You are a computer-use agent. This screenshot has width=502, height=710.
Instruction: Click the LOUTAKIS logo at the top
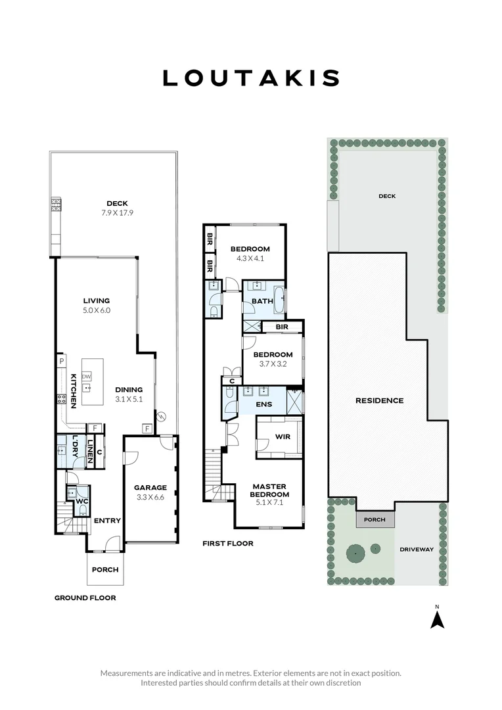tap(251, 78)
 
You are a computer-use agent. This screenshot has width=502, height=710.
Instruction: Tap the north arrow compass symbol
tap(437, 619)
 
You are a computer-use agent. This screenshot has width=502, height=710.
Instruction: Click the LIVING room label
tap(96, 300)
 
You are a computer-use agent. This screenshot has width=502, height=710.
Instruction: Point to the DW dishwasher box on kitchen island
tap(87, 376)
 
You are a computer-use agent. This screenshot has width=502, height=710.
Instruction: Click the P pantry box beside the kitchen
tap(60, 361)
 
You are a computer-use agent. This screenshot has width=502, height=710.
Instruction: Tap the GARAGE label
tap(150, 487)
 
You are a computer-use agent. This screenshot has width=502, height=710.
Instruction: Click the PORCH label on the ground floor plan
tap(105, 569)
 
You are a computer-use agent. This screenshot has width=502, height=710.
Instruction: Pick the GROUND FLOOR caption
tap(85, 598)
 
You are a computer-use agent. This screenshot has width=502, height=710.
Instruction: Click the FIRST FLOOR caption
tap(228, 544)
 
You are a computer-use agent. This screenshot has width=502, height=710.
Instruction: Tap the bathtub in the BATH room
tap(280, 300)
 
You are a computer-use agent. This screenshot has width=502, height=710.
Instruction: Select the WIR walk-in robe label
tap(283, 436)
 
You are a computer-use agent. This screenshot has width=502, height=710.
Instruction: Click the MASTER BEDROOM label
tap(270, 490)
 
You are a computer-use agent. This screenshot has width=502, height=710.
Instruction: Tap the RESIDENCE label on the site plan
tap(379, 400)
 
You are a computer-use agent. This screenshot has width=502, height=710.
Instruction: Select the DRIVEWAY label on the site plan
tap(417, 549)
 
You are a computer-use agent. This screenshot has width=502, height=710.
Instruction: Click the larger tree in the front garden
tap(355, 554)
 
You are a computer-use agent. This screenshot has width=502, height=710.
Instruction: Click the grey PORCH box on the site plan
tap(376, 519)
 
